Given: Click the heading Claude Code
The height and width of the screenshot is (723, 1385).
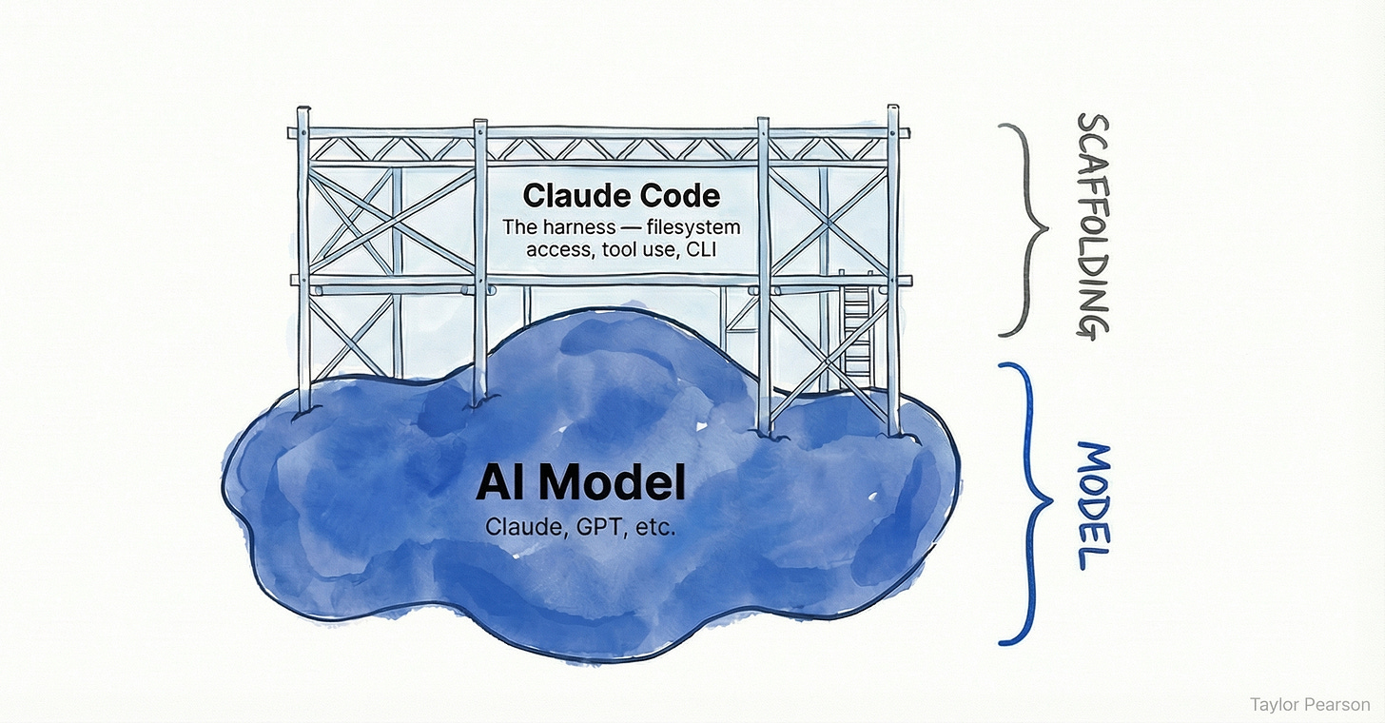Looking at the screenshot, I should tap(621, 197).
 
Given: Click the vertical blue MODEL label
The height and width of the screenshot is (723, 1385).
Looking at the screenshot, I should tap(1094, 505).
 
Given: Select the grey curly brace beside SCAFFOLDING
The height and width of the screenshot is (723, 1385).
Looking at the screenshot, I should tap(1024, 228).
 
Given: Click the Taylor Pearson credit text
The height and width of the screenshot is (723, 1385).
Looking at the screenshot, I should tap(1310, 704).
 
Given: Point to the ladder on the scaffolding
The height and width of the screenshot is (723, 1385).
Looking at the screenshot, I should tap(856, 328).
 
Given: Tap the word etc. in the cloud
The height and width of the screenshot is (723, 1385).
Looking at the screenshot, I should tap(654, 526).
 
